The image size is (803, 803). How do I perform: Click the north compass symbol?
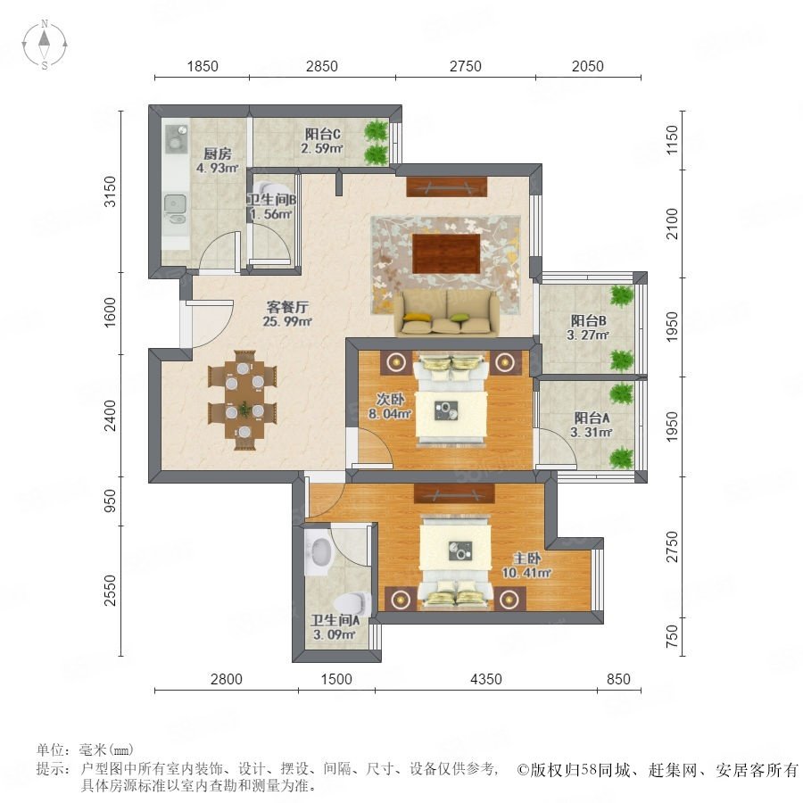point(45,45)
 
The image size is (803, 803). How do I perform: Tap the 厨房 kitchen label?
point(218,153)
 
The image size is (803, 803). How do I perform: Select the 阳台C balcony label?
point(323,134)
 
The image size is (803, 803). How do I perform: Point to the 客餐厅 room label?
point(287,307)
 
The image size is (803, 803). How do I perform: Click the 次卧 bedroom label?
point(391,399)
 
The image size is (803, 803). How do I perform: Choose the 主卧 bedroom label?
point(527,559)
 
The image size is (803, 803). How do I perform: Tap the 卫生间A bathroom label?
point(335,621)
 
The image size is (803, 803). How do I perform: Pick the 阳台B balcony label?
point(589,321)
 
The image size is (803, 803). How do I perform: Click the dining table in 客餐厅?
point(243,400)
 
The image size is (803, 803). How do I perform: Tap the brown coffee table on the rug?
point(447,254)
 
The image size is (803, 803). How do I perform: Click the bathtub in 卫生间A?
point(319,551)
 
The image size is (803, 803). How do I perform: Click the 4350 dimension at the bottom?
point(486,679)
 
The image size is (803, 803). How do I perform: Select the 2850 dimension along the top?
point(321,66)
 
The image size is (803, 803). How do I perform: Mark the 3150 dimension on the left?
point(111,192)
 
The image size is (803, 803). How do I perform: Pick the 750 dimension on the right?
point(672,636)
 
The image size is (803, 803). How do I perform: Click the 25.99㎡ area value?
point(287,321)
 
